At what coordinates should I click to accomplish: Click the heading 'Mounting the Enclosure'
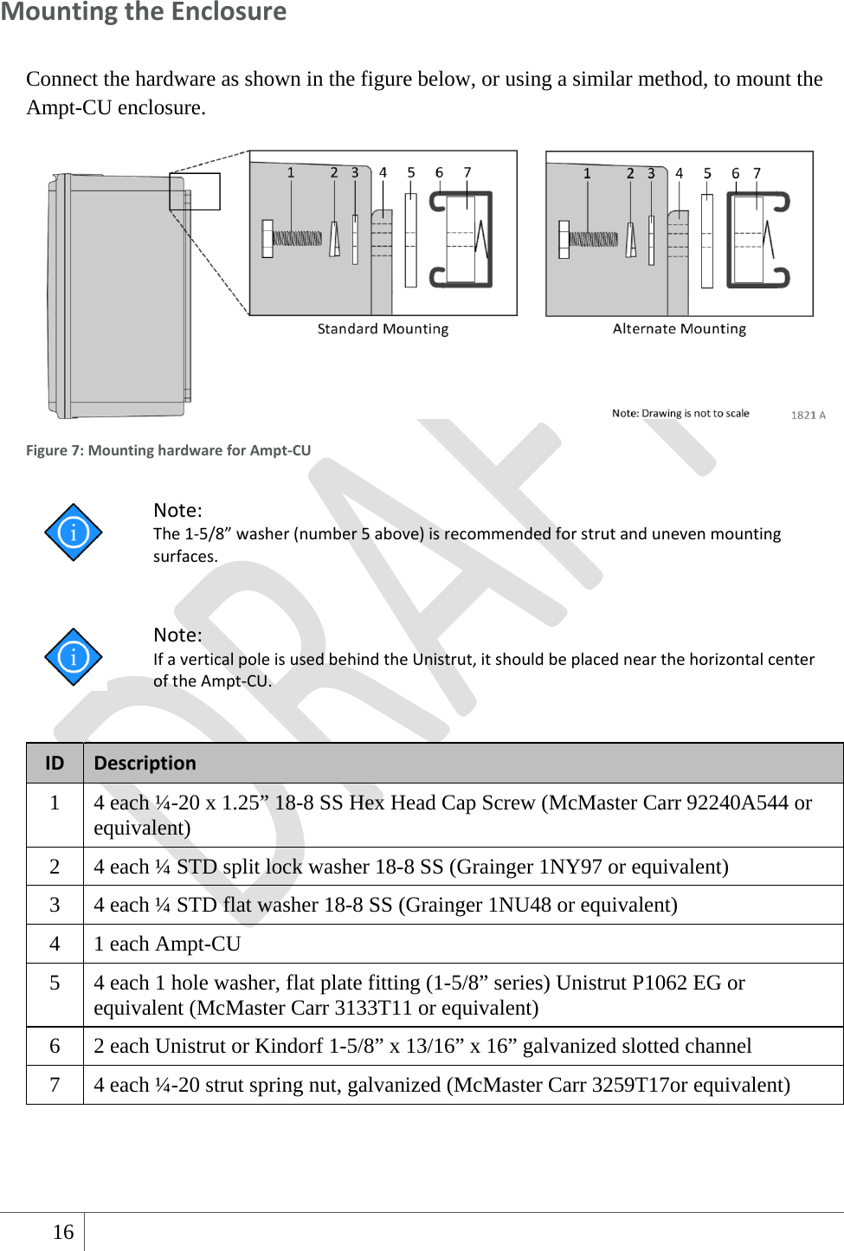[x=144, y=12]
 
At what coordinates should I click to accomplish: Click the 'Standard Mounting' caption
[x=383, y=329]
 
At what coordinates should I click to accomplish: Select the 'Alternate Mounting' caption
[x=679, y=329]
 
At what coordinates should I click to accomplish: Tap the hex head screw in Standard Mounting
[x=292, y=238]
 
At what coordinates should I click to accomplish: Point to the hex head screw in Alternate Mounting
[x=589, y=239]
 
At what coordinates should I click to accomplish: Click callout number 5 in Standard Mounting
[x=411, y=172]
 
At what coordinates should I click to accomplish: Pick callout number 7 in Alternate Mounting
[x=757, y=173]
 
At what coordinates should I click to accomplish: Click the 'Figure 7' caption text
[x=168, y=450]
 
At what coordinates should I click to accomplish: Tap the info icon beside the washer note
[x=74, y=532]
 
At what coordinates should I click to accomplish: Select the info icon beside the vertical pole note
[x=74, y=657]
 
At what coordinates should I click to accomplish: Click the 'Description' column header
[x=145, y=763]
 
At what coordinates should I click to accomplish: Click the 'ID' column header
[x=55, y=763]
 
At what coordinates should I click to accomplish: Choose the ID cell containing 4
[x=55, y=944]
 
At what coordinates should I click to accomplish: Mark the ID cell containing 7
[x=55, y=1085]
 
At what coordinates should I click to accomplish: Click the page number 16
[x=63, y=1232]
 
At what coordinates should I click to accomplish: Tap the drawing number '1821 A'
[x=808, y=415]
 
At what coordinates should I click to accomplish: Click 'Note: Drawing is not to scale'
[x=680, y=413]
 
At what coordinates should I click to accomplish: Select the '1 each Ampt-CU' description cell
[x=167, y=944]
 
